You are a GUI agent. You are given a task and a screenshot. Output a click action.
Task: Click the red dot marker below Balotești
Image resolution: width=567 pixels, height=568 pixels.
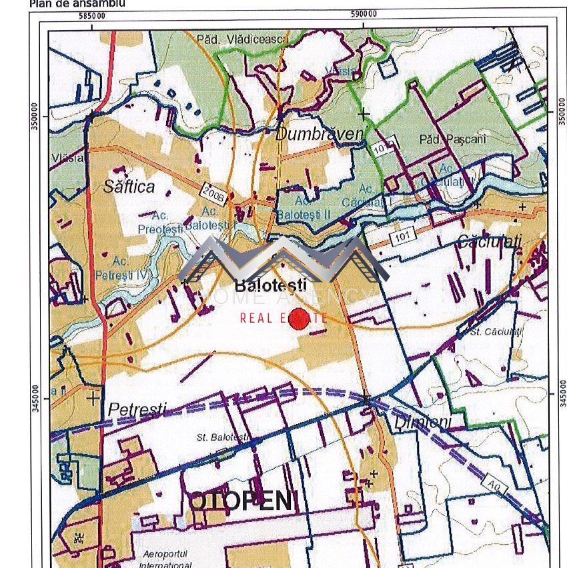pos(300,318)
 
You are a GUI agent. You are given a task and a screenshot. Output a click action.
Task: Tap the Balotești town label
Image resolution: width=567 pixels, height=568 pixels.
pos(270,285)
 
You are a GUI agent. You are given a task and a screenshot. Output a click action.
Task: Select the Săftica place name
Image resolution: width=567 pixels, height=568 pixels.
pos(129,187)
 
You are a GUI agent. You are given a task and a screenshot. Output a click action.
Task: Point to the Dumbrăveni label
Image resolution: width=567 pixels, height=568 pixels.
pos(320,134)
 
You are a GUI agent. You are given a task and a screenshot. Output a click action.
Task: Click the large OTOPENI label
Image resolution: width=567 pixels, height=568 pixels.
pos(240,501)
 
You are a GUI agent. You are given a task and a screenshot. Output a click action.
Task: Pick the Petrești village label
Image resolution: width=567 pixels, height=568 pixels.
pos(137,409)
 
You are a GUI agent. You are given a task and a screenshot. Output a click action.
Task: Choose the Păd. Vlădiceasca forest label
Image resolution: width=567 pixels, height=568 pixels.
pos(241,40)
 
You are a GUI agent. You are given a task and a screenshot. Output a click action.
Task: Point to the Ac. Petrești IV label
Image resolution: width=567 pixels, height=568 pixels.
pos(131,267)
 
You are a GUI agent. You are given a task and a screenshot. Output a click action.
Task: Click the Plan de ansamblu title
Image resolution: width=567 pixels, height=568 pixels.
pos(77,3)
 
